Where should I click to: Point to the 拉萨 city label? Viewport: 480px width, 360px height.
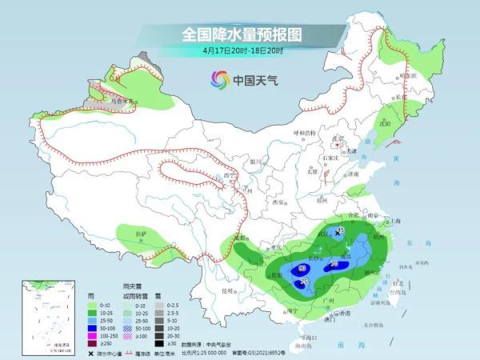pos(142,234)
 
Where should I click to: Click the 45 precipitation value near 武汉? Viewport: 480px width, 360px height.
pos(339,230)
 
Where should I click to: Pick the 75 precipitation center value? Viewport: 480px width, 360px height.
pos(303,282)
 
